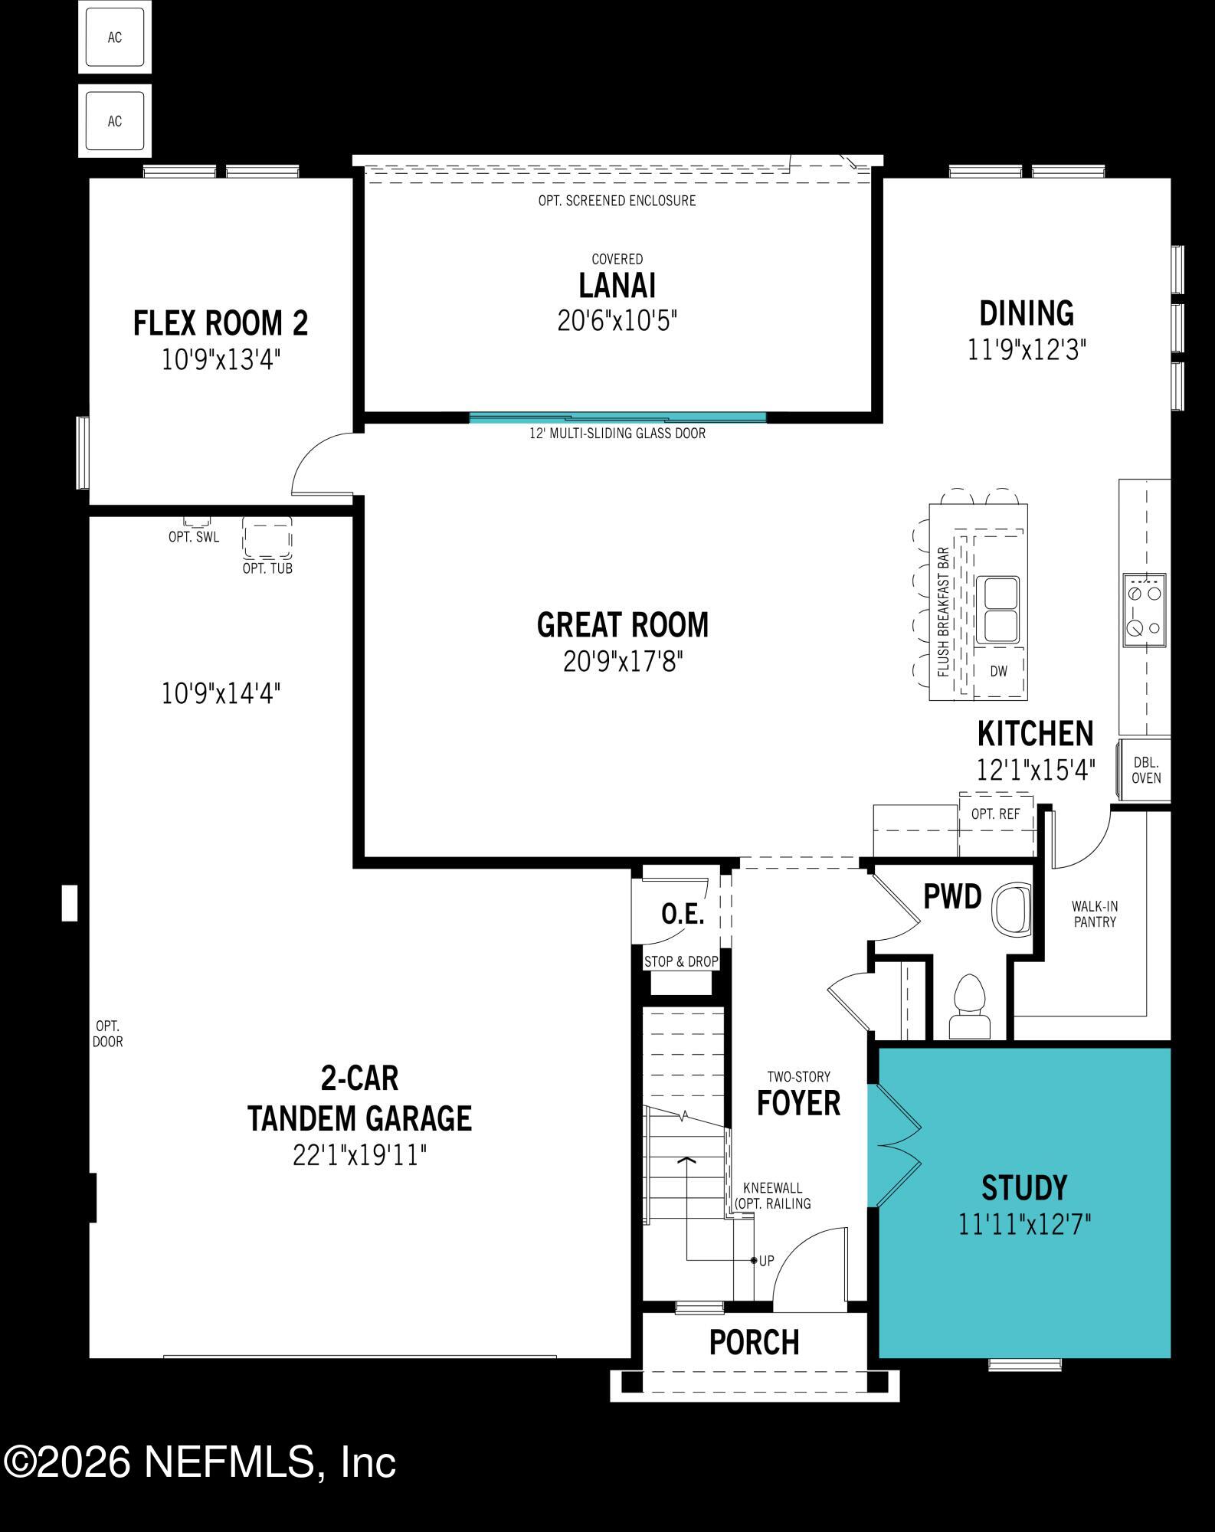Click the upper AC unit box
coord(115,38)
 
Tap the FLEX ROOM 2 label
coord(221,323)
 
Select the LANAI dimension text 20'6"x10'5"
coord(617,321)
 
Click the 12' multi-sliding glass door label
coord(617,434)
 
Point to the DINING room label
coord(1027,313)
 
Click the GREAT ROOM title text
coord(622,625)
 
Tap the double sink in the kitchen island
coord(997,611)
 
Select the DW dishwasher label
coord(998,672)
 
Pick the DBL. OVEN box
coord(1146,771)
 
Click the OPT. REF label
coord(995,814)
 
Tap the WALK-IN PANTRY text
coord(1095,915)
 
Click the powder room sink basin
coord(1012,911)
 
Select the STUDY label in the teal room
coord(1024,1187)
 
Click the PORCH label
coord(754,1342)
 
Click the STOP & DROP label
coord(681,961)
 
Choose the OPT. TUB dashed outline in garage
coord(267,538)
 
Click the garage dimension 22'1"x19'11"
coord(359,1155)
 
